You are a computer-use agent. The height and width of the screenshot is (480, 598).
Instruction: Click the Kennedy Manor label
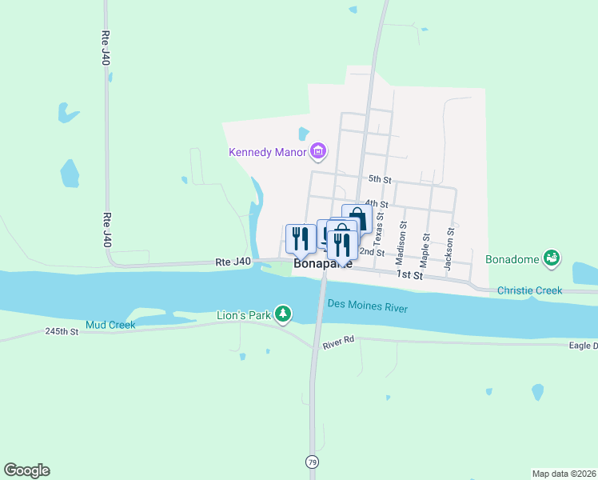pos(268,152)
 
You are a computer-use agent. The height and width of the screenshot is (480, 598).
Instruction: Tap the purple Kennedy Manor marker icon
pos(318,150)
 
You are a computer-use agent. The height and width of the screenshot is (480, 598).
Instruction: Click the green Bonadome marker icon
pos(551,258)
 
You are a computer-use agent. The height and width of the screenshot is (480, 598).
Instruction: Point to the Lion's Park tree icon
pos(282,314)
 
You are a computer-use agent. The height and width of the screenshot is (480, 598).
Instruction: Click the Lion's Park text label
pos(244,315)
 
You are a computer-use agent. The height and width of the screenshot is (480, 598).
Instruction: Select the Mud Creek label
pos(111,324)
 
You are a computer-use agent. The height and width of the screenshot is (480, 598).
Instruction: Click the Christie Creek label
pos(529,290)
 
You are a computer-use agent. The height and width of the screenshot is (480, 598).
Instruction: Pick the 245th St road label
pos(62,330)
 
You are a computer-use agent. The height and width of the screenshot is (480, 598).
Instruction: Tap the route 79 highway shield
pos(312,462)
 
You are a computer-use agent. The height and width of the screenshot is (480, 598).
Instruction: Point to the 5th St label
pos(379,180)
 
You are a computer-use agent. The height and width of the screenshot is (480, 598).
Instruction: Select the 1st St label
pos(409,274)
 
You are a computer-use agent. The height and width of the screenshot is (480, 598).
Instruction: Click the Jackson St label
pos(450,248)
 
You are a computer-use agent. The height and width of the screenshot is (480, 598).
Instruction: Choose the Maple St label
pos(426,250)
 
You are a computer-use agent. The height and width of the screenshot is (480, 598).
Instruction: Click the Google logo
pos(26,470)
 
